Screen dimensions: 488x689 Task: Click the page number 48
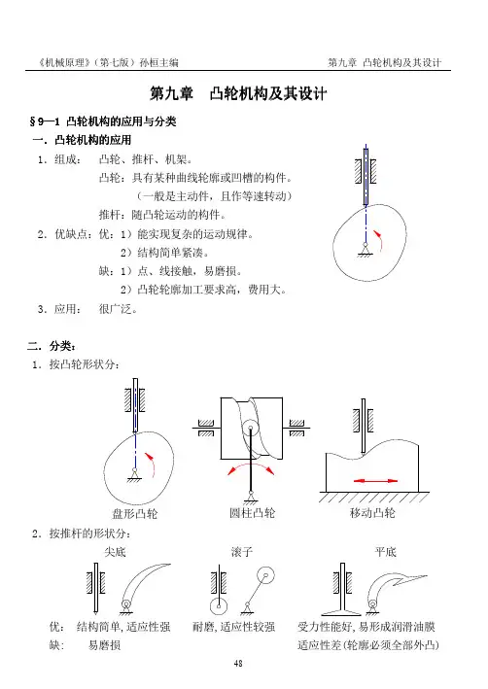pyautogui.click(x=238, y=664)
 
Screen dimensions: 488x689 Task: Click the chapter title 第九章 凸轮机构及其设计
pyautogui.click(x=238, y=93)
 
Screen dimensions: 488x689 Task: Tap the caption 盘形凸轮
pyautogui.click(x=135, y=513)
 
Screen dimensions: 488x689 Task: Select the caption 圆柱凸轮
pyautogui.click(x=253, y=513)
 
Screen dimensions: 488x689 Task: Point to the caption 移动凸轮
pyautogui.click(x=373, y=513)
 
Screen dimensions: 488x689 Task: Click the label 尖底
pyautogui.click(x=115, y=552)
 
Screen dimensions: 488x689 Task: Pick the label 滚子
pyautogui.click(x=242, y=552)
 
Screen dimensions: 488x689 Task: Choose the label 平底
pyautogui.click(x=386, y=552)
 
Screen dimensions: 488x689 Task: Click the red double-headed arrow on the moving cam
pyautogui.click(x=375, y=481)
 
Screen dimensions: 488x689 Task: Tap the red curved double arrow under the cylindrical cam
pyautogui.click(x=251, y=464)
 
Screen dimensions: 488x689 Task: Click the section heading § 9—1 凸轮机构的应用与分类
pyautogui.click(x=103, y=121)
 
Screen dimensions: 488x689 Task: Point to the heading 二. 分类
pyautogui.click(x=52, y=346)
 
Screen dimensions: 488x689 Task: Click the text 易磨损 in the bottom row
pyautogui.click(x=105, y=645)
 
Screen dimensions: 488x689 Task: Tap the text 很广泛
pyautogui.click(x=118, y=309)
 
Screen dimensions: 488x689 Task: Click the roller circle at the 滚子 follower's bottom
pyautogui.click(x=219, y=606)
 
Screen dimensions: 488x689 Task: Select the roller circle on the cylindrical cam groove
pyautogui.click(x=251, y=428)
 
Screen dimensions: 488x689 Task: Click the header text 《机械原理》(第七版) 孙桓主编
pyautogui.click(x=108, y=62)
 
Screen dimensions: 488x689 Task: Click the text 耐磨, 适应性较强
pyautogui.click(x=234, y=627)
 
